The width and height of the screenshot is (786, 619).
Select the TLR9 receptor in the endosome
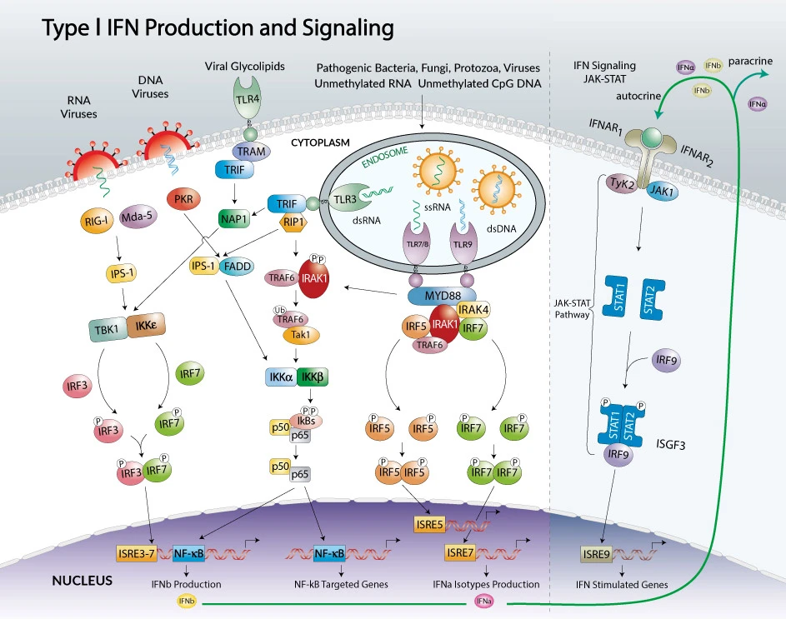pos(462,243)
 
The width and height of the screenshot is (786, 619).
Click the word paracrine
pos(755,61)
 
